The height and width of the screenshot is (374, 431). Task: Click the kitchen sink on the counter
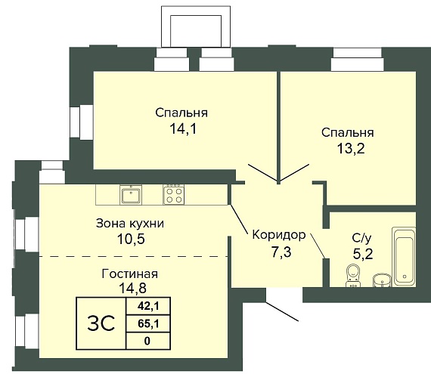click(131, 195)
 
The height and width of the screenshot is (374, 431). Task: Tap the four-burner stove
click(174, 195)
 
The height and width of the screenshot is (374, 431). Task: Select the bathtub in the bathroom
click(404, 257)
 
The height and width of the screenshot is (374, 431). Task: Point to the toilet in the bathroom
click(353, 276)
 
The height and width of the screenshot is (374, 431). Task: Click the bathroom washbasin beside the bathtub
click(382, 280)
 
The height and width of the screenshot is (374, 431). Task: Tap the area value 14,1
click(183, 128)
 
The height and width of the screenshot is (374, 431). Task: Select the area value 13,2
click(351, 148)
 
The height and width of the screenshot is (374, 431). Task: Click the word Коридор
click(279, 235)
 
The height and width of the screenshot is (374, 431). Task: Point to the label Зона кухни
click(130, 224)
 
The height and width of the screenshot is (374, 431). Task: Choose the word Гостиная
click(130, 274)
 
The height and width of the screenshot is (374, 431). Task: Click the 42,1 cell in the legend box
click(148, 306)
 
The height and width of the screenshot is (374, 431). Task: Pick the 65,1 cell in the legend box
click(148, 323)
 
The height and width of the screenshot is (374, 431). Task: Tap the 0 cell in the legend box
click(148, 341)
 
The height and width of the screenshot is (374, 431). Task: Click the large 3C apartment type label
click(101, 323)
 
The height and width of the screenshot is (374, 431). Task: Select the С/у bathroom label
click(361, 238)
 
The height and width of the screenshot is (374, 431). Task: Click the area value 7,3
click(281, 252)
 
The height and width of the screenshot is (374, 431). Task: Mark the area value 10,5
click(131, 239)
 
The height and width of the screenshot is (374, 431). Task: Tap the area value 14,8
click(132, 288)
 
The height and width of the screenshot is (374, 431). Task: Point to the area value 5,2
click(363, 255)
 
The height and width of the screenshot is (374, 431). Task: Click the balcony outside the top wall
click(195, 26)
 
